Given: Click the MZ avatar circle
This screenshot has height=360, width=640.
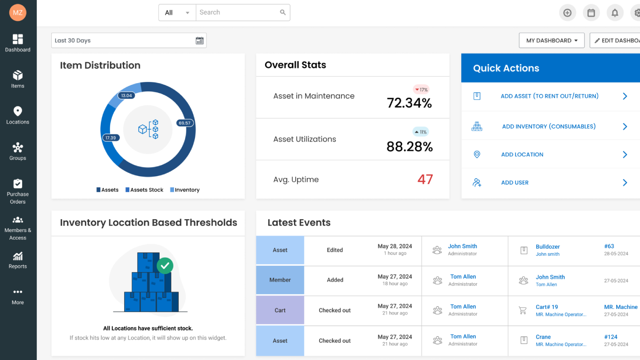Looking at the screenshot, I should click(17, 13).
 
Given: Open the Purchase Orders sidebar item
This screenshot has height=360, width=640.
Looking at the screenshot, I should click(17, 192).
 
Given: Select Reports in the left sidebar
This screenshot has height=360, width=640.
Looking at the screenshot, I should click(17, 260).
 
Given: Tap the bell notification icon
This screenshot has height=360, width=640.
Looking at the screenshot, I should click(614, 13).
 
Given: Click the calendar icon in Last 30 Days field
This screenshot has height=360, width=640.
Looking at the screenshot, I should click(199, 41).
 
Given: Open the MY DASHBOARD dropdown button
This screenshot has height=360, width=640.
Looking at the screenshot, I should click(551, 41).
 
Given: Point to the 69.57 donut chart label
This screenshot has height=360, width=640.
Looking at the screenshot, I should click(185, 123).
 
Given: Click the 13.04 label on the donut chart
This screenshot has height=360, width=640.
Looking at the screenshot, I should click(126, 96).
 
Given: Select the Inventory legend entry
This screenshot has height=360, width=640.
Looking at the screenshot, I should click(185, 190).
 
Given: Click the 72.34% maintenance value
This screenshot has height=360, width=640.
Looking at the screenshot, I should click(409, 103).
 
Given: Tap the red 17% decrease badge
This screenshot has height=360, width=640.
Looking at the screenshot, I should click(421, 90).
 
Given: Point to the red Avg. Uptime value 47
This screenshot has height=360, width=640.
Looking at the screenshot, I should click(425, 180).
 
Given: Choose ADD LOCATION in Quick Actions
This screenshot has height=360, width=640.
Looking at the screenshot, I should click(522, 154).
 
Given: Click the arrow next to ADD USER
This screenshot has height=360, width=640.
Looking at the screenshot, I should click(625, 183).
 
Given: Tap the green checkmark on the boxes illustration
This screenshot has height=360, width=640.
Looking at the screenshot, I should click(165, 266).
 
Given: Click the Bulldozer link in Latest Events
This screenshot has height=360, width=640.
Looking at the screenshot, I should click(547, 247).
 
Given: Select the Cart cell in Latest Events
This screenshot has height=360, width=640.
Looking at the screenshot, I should click(280, 311).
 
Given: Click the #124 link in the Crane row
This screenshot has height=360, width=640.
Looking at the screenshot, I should click(611, 337).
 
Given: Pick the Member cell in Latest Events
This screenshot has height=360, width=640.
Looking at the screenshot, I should click(280, 280).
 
